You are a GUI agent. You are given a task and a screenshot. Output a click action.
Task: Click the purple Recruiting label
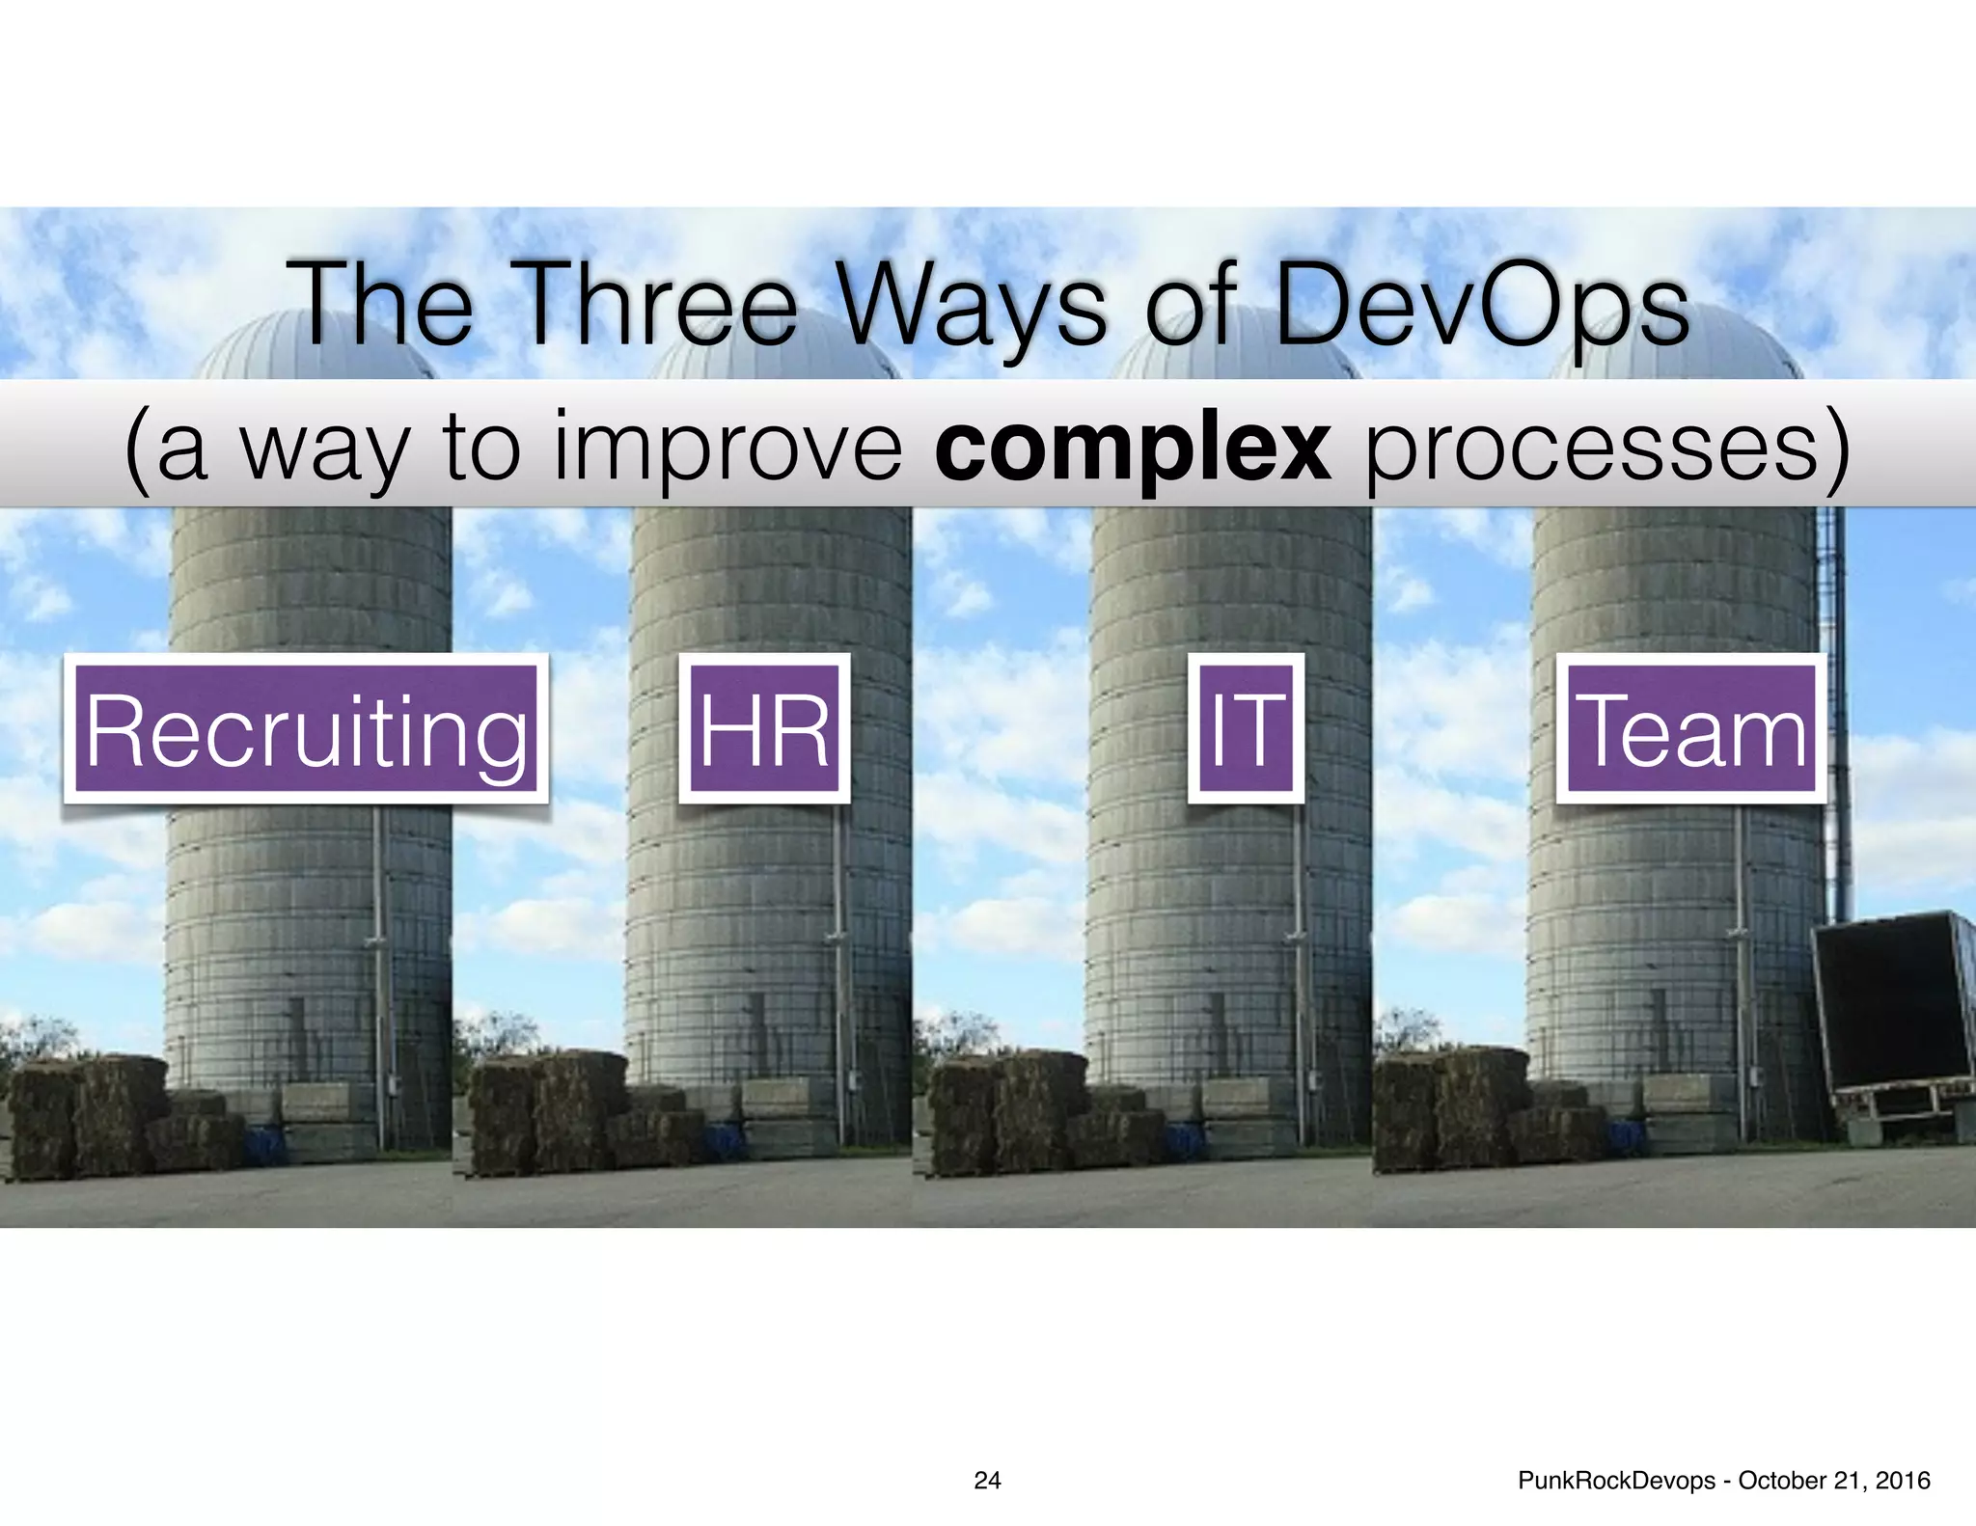pos(306,729)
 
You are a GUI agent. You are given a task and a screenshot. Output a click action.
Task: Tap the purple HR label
pos(764,729)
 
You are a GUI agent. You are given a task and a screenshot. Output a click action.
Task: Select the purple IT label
pos(1246,729)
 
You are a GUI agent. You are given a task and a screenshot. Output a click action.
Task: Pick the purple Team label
pos(1691,729)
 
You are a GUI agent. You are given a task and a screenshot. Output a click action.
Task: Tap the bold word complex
pos(1133,450)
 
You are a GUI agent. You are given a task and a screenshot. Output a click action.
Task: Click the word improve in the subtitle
pos(728,450)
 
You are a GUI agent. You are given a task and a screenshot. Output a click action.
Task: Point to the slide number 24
pos(987,1481)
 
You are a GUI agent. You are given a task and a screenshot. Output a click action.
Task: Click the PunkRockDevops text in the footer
pos(1616,1481)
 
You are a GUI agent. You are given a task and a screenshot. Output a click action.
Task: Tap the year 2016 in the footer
pos(1901,1481)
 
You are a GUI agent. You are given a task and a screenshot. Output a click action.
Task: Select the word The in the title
pos(386,307)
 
